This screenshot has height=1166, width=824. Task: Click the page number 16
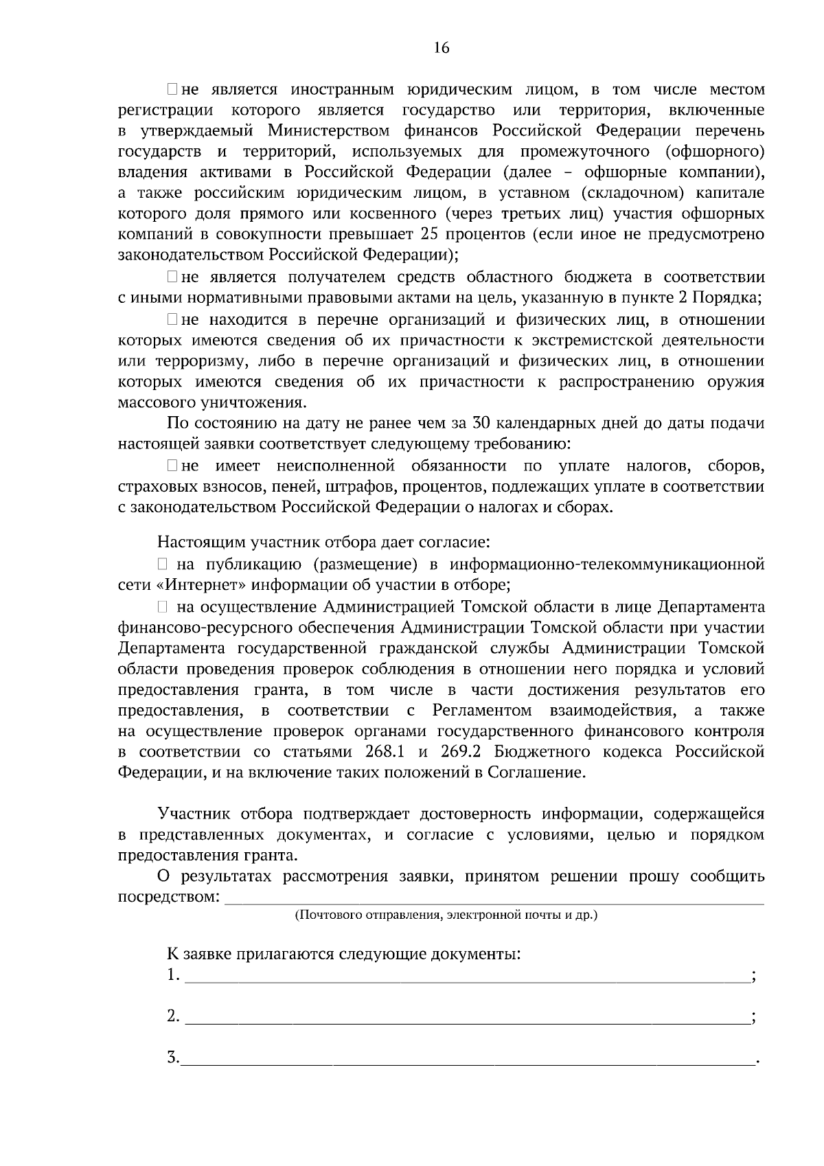coord(441,47)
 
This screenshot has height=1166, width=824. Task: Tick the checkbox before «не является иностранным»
coord(172,89)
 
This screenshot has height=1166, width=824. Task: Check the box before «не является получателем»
coord(172,277)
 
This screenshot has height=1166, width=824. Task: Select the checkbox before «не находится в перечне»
coord(172,320)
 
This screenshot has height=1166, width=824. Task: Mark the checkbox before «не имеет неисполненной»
coord(172,467)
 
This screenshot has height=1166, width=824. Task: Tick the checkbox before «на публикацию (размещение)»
coord(163,565)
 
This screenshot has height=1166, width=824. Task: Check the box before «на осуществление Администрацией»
coord(163,608)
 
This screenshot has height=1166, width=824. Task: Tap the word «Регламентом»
coord(482,711)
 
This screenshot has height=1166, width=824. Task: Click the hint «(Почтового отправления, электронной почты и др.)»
coord(446,915)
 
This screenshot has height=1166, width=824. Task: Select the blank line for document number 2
coord(467,1018)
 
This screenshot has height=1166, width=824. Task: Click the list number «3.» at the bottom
coord(172,1058)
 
